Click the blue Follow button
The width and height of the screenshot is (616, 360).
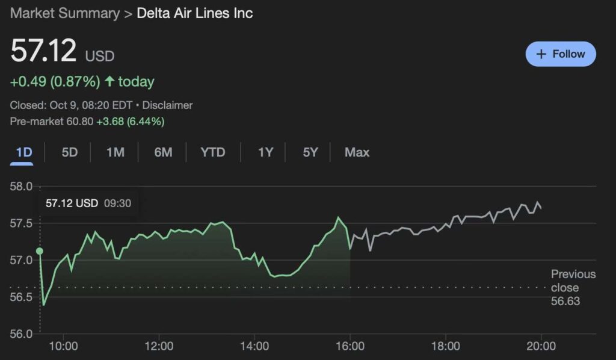[x=561, y=54]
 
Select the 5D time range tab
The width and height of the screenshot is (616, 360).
[x=70, y=152]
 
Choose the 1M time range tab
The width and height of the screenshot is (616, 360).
[x=115, y=152]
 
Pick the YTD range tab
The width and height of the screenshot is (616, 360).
[x=213, y=152]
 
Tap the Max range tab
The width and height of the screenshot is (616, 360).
[x=357, y=152]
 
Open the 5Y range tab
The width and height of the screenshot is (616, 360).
[x=310, y=152]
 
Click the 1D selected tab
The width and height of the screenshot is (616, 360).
[x=24, y=152]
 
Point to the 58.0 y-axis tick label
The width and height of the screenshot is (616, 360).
[x=22, y=186]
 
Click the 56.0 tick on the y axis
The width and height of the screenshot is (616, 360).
[x=22, y=334]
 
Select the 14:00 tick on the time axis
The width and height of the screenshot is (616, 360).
[x=254, y=346]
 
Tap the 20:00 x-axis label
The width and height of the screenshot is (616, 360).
[x=541, y=346]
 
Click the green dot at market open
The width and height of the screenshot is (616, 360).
[x=40, y=251]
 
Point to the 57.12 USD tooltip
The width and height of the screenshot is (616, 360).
[x=88, y=203]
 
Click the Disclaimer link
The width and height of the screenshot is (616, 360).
[x=167, y=105]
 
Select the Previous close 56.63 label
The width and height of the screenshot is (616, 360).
[x=573, y=288]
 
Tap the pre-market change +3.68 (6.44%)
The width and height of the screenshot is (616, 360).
[x=131, y=122]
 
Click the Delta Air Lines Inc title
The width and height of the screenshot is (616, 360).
[x=195, y=13]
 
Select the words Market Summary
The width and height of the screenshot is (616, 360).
[x=65, y=13]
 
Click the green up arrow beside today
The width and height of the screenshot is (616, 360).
[x=109, y=81]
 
